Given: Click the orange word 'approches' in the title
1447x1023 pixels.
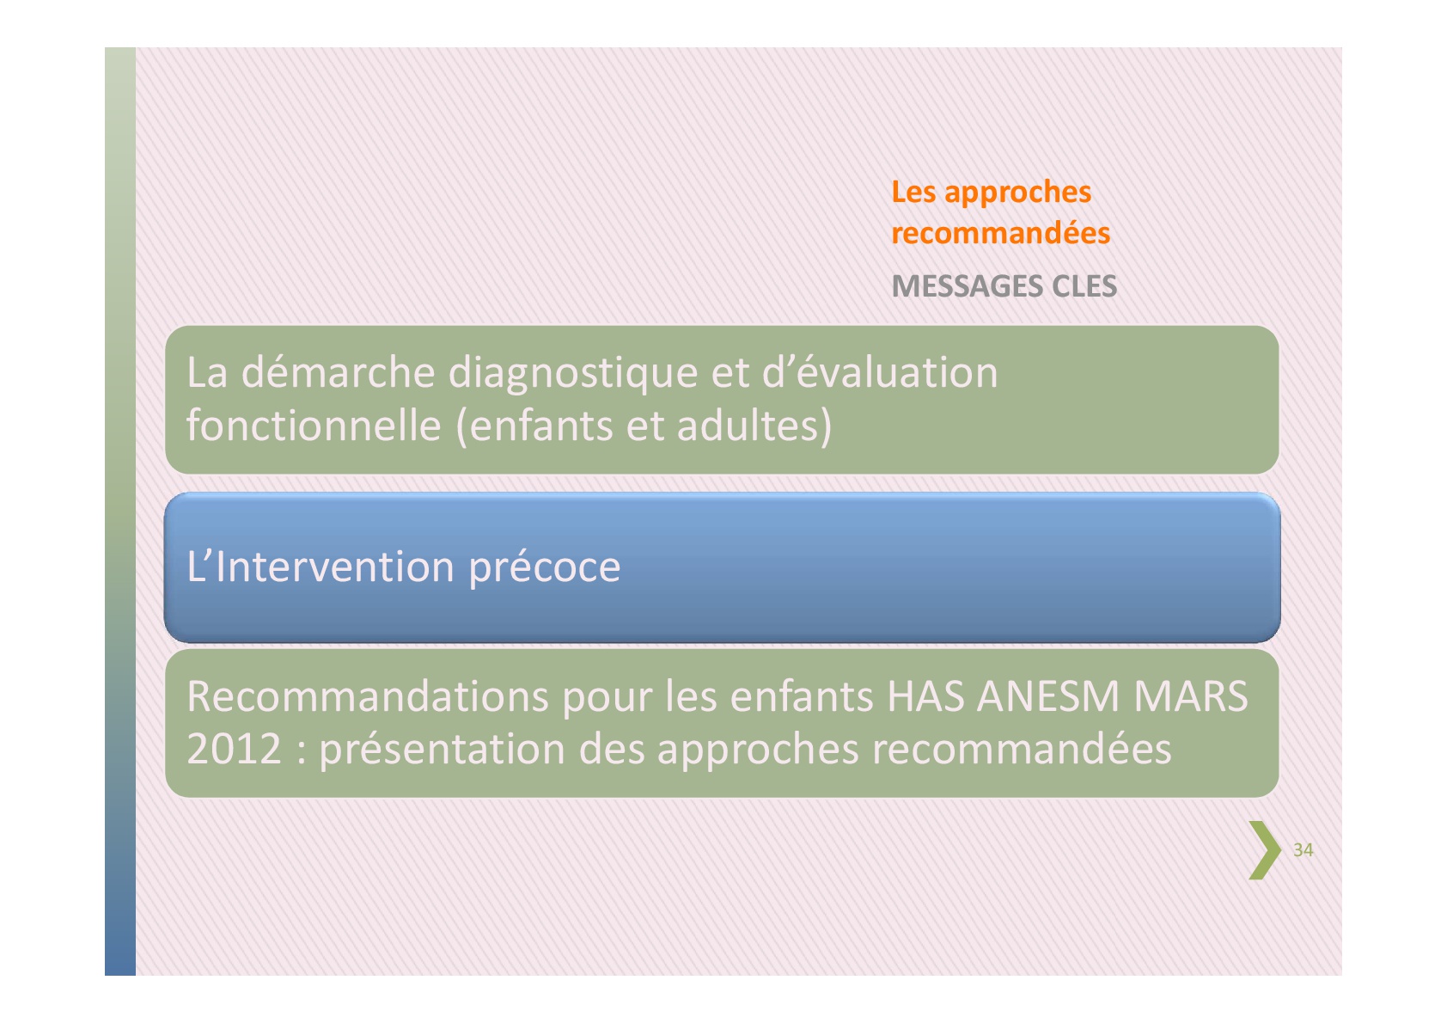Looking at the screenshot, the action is coord(1018,193).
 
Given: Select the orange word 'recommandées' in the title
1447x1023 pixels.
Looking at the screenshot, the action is coord(1001,233).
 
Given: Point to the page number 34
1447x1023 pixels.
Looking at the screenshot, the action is coord(1303,850).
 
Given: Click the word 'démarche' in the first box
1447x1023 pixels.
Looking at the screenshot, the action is coord(338,373).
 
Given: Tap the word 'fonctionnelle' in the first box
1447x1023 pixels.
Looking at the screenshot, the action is coord(314,426).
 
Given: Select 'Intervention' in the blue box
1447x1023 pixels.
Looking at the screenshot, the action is coord(335,567).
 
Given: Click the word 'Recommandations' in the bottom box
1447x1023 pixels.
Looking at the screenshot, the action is coord(368,696).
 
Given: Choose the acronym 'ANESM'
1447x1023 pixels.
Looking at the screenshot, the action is coord(1048,696).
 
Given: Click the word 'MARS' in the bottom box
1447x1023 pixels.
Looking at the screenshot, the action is coord(1191,696).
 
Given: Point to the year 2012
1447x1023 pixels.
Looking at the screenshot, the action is coord(234,750).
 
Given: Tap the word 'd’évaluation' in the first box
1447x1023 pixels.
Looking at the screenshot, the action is coord(880,373).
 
